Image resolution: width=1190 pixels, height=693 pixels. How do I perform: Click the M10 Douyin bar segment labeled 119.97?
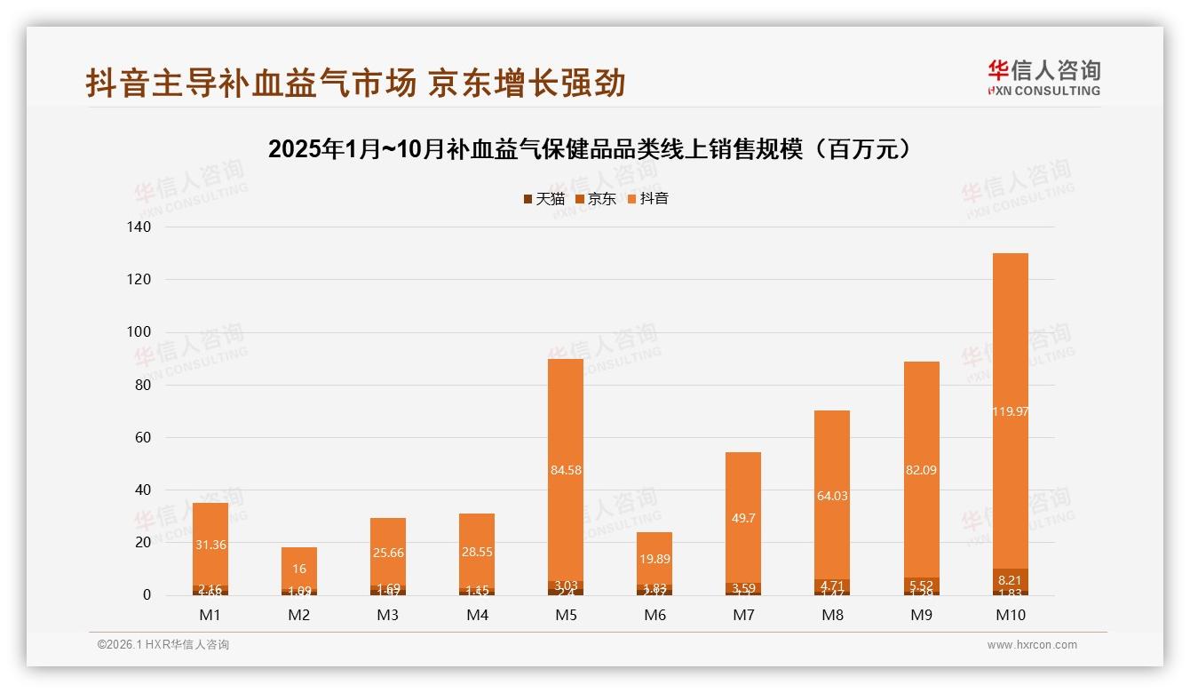(x=1010, y=410)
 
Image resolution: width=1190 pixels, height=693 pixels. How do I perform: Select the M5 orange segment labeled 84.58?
(x=566, y=470)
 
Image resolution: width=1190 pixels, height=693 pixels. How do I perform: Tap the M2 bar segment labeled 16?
(x=299, y=569)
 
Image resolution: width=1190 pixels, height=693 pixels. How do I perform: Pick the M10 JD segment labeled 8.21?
(x=1010, y=579)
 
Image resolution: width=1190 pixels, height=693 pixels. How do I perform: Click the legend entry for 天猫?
(x=544, y=199)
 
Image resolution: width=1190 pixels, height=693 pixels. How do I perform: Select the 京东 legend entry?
(x=596, y=199)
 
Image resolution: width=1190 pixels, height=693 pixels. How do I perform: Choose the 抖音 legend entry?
(x=648, y=199)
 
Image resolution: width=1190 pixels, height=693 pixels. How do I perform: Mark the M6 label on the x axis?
(x=654, y=615)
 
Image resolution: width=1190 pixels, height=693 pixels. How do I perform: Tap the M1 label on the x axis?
(x=210, y=615)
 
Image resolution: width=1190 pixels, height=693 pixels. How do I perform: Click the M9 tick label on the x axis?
(x=921, y=615)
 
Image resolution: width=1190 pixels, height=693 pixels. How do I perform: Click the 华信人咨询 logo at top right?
(x=1043, y=77)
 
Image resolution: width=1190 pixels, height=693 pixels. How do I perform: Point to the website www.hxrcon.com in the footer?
(x=1032, y=645)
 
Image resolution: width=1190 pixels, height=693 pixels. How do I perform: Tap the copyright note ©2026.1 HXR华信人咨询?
(x=163, y=645)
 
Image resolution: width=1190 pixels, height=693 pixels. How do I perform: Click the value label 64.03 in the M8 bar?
(x=832, y=496)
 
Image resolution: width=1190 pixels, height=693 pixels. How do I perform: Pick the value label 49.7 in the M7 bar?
(x=743, y=518)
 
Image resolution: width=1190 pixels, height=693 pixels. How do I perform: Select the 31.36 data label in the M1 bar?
(x=210, y=545)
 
